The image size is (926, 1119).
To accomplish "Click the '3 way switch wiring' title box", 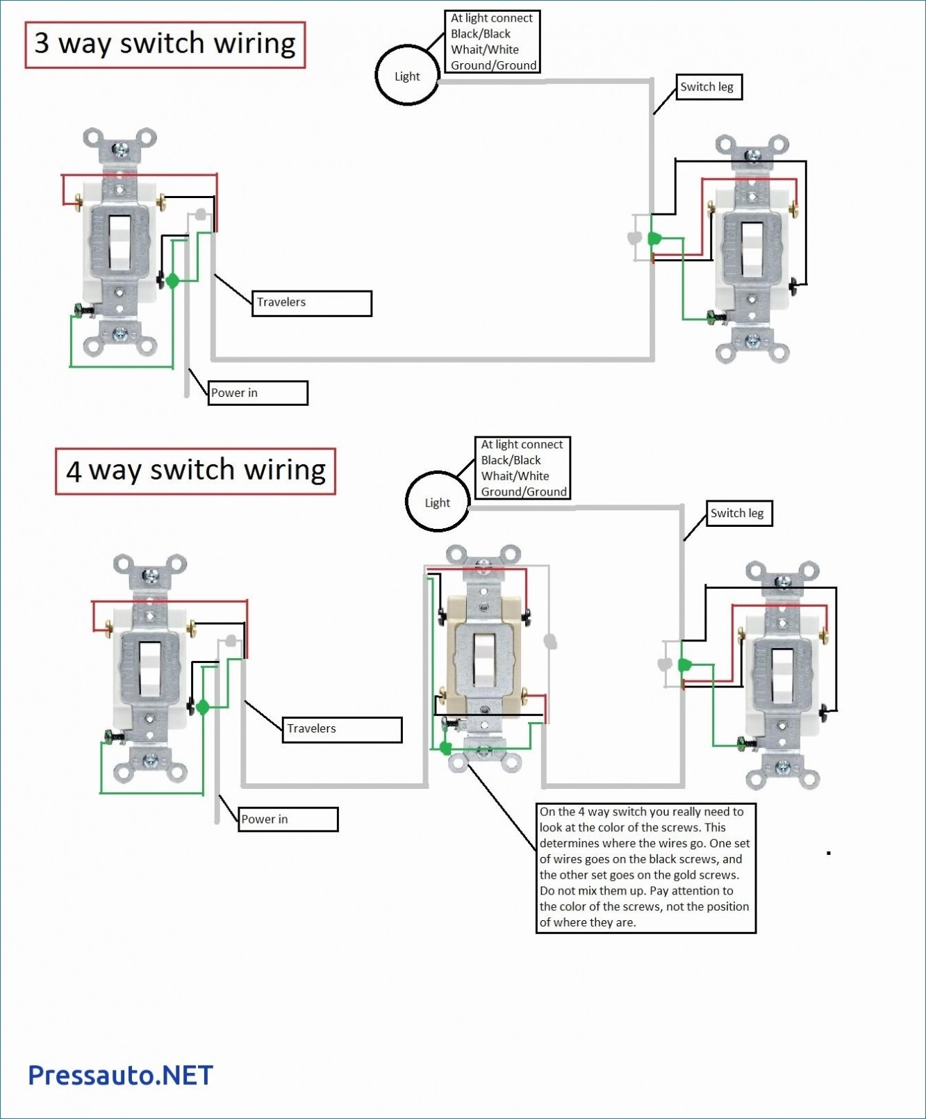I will coord(165,44).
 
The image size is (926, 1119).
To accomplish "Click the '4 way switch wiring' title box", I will coord(195,471).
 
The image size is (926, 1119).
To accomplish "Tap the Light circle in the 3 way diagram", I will coord(407,76).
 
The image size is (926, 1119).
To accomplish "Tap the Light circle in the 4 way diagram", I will coord(438,502).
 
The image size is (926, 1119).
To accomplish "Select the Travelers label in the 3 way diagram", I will coord(311,303).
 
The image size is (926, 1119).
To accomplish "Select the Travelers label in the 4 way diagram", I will coord(342,729).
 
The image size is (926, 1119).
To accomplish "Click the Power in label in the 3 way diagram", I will coord(257,393).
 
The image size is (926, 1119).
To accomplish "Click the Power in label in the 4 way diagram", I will coord(288,819).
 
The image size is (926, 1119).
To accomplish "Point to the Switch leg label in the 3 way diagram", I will coord(709,87).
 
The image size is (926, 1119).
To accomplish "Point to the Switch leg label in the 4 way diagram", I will coord(739,514).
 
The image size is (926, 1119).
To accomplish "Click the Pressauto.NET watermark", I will coord(120,1075).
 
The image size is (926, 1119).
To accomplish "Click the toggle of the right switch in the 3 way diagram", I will coord(752,249).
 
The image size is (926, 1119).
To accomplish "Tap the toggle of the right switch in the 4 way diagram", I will coord(783,675).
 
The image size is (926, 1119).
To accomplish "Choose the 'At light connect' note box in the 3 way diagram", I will coord(493,42).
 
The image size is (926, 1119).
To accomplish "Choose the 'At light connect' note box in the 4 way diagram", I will coord(523,468).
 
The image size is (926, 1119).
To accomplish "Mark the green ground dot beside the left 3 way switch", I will coord(172,281).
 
